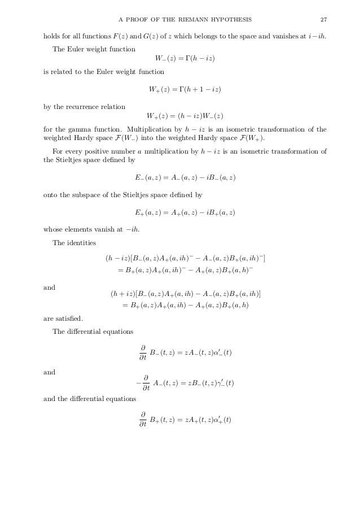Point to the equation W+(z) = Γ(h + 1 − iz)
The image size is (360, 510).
coord(185,90)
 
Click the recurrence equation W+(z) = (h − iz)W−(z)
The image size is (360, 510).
coord(185,116)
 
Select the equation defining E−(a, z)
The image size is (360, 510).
coord(185,177)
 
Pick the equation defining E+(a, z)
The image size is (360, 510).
coord(185,212)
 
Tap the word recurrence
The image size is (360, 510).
coord(85,107)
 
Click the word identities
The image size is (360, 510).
coord(82,243)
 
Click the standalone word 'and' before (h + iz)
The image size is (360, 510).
coord(49,287)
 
